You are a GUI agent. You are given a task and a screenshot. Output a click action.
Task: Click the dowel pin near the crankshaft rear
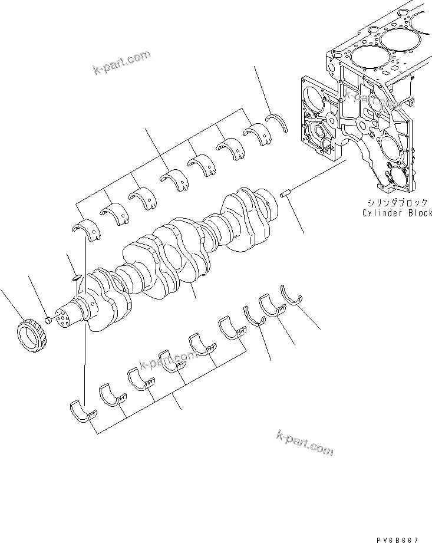(285, 194)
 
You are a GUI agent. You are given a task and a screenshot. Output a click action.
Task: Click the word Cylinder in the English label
(383, 213)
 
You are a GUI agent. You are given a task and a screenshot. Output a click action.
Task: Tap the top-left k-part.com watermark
(122, 63)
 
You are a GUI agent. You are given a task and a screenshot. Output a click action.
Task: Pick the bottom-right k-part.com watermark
(304, 442)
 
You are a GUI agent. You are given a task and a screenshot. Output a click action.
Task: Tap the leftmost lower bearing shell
(83, 412)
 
